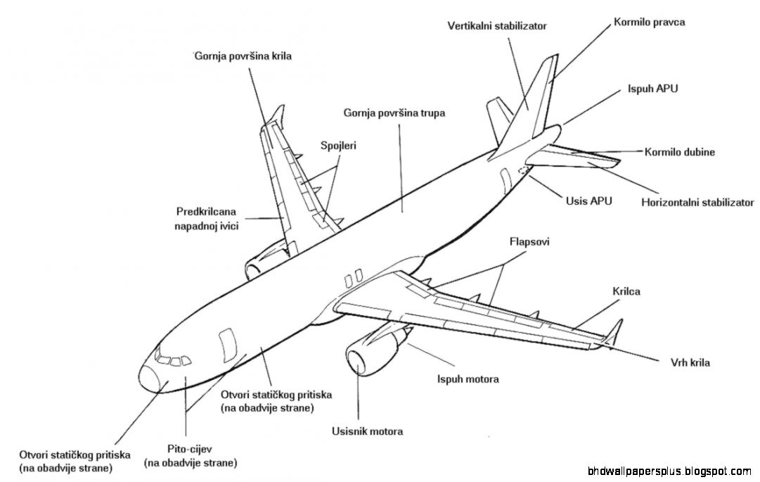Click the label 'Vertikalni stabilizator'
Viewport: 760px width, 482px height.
(x=496, y=26)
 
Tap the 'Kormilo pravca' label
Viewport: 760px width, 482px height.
(x=649, y=22)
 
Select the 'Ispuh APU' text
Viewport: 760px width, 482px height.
(x=652, y=89)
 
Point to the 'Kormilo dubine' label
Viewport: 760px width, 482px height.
(x=679, y=152)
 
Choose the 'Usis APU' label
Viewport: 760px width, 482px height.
(x=588, y=201)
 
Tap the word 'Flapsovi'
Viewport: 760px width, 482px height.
(x=529, y=241)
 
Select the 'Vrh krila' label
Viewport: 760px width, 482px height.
(x=690, y=363)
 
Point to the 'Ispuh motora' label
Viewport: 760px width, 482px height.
(x=468, y=379)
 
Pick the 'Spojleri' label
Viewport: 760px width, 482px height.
(x=338, y=146)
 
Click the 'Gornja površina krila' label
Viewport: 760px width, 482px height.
(x=243, y=55)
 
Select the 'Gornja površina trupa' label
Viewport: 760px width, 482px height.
(x=394, y=113)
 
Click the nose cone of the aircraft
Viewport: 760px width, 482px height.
(x=151, y=376)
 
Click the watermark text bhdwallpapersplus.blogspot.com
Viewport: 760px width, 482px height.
(x=669, y=470)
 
